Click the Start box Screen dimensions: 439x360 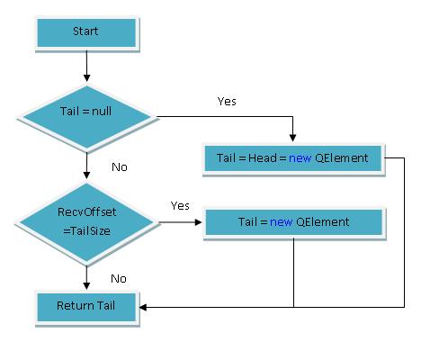tap(86, 32)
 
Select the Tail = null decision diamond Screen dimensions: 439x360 tap(87, 117)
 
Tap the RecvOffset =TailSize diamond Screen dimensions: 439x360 tap(87, 222)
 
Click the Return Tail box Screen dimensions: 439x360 tap(86, 307)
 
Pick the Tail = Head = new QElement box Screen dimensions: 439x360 tap(293, 158)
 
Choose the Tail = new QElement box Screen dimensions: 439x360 tap(293, 222)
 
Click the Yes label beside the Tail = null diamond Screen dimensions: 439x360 tap(227, 102)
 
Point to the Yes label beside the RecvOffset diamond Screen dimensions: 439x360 tap(180, 205)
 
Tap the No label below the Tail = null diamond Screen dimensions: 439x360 tap(120, 167)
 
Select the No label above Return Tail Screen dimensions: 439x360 tap(119, 279)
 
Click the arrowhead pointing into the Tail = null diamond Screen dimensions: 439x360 tap(86, 78)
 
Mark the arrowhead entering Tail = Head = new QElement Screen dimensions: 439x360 tap(292, 138)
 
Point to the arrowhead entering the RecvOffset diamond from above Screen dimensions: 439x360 tap(86, 175)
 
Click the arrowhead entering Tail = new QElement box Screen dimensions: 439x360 tap(198, 222)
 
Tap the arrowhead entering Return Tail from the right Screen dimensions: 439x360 tap(143, 307)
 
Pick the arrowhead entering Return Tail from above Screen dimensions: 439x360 tap(86, 286)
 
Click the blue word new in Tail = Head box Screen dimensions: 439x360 tap(300, 158)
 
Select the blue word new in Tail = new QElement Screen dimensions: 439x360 tap(281, 222)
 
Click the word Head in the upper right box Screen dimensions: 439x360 tap(263, 157)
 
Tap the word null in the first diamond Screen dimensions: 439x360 tap(102, 111)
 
